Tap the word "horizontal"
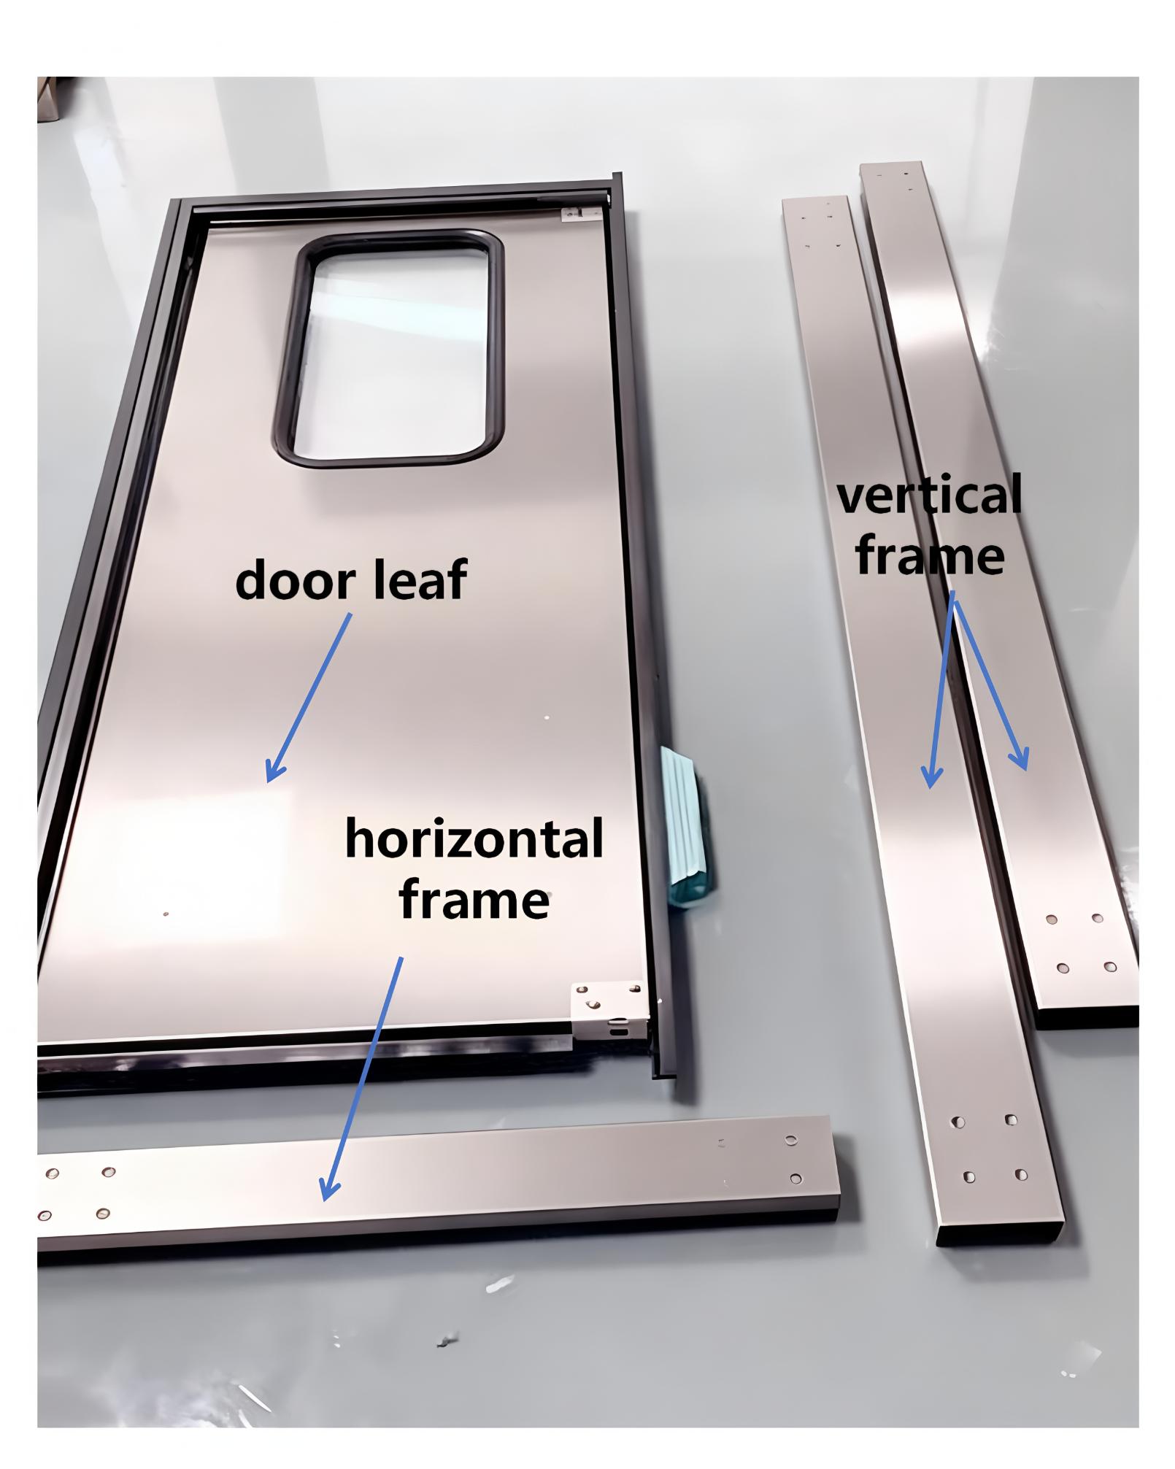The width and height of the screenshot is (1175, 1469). (474, 839)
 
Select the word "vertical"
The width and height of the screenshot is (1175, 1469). (929, 496)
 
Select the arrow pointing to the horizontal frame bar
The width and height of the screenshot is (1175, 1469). (362, 1079)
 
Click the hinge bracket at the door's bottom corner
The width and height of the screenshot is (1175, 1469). (609, 1011)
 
